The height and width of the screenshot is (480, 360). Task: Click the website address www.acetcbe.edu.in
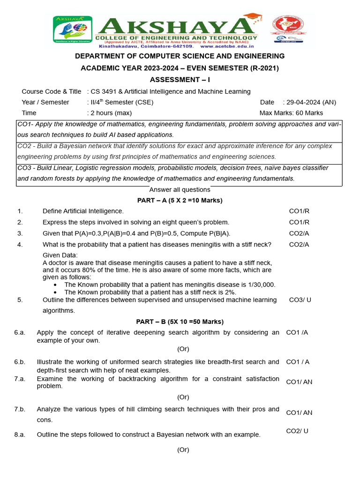[227, 46]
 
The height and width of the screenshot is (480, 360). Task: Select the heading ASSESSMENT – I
[180, 80]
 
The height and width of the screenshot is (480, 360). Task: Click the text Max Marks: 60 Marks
[291, 113]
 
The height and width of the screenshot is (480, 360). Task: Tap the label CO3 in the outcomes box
[24, 168]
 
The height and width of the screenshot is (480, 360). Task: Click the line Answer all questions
[180, 189]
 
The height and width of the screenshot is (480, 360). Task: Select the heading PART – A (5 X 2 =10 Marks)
[180, 200]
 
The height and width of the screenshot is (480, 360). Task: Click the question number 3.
[20, 233]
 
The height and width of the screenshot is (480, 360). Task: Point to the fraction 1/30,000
[258, 285]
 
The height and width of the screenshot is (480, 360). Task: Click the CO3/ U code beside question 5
[300, 300]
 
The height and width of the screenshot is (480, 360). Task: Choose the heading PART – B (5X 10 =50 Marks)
[180, 322]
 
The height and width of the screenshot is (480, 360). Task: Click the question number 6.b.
[19, 362]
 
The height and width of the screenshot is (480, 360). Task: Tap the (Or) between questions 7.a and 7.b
[183, 397]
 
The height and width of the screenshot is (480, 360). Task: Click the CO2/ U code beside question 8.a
[297, 431]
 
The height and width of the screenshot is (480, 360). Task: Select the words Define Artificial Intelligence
[83, 211]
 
